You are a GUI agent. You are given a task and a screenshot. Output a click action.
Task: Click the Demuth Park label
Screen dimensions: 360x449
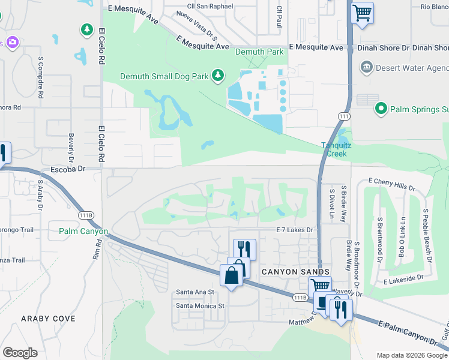coord(259,52)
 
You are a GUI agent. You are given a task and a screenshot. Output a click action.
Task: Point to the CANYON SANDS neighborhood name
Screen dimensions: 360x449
coord(287,272)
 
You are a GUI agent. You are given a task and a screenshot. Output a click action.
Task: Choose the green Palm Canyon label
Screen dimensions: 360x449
coord(83,232)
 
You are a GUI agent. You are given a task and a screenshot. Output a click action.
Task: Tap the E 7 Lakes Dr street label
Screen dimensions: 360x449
coord(295,230)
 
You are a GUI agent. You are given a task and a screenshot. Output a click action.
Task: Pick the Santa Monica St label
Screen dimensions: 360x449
coord(199,305)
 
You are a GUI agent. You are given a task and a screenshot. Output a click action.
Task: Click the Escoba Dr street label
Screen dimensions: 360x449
coord(65,170)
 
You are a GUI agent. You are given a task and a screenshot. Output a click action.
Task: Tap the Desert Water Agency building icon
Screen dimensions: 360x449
coord(366,66)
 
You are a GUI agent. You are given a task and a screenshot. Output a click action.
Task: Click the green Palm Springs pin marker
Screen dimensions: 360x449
coord(380,109)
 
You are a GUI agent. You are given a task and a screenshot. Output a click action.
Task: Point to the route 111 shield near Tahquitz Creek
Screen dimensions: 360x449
coord(343,116)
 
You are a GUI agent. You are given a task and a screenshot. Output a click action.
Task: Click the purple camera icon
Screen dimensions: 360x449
coord(12,43)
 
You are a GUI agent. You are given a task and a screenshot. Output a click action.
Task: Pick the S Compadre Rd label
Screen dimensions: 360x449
coord(40,78)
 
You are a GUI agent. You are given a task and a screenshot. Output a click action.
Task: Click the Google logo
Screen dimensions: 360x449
coord(20,352)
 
